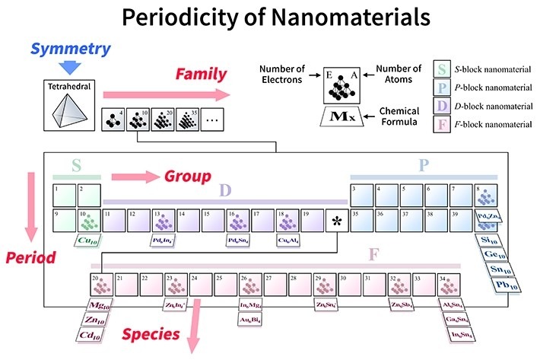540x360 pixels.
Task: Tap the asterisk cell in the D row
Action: pyautogui.click(x=336, y=222)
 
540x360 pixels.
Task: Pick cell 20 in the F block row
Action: pyautogui.click(x=101, y=286)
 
